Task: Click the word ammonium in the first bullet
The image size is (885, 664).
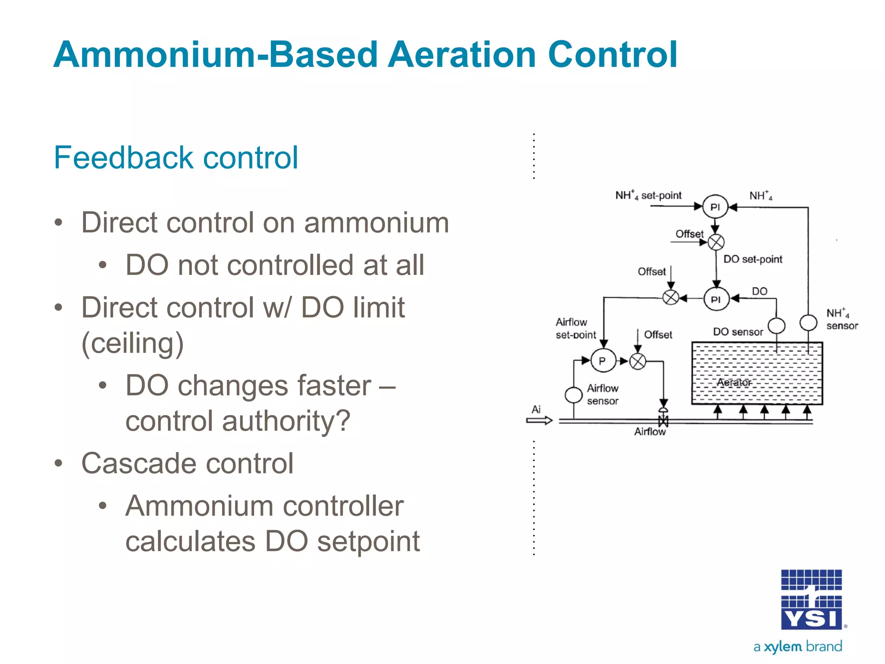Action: coord(376,223)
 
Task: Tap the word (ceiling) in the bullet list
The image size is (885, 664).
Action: coord(133,344)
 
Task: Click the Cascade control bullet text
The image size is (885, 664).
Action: coord(188,463)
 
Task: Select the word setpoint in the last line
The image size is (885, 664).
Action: coord(368,541)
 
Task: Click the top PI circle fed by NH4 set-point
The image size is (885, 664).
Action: coord(715,207)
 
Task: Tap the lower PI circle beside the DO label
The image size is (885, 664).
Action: coord(716,299)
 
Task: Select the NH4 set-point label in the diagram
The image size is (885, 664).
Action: coord(648,195)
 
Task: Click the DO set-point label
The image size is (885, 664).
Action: coord(753,259)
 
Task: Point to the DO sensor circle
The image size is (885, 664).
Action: coord(776,326)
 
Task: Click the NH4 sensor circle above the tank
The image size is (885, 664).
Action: coord(808,322)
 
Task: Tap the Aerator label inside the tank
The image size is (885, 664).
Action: coord(734,383)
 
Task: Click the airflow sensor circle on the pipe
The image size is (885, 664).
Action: coord(573,395)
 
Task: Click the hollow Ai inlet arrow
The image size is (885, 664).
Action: coord(539,420)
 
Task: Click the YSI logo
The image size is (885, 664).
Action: coord(812,600)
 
